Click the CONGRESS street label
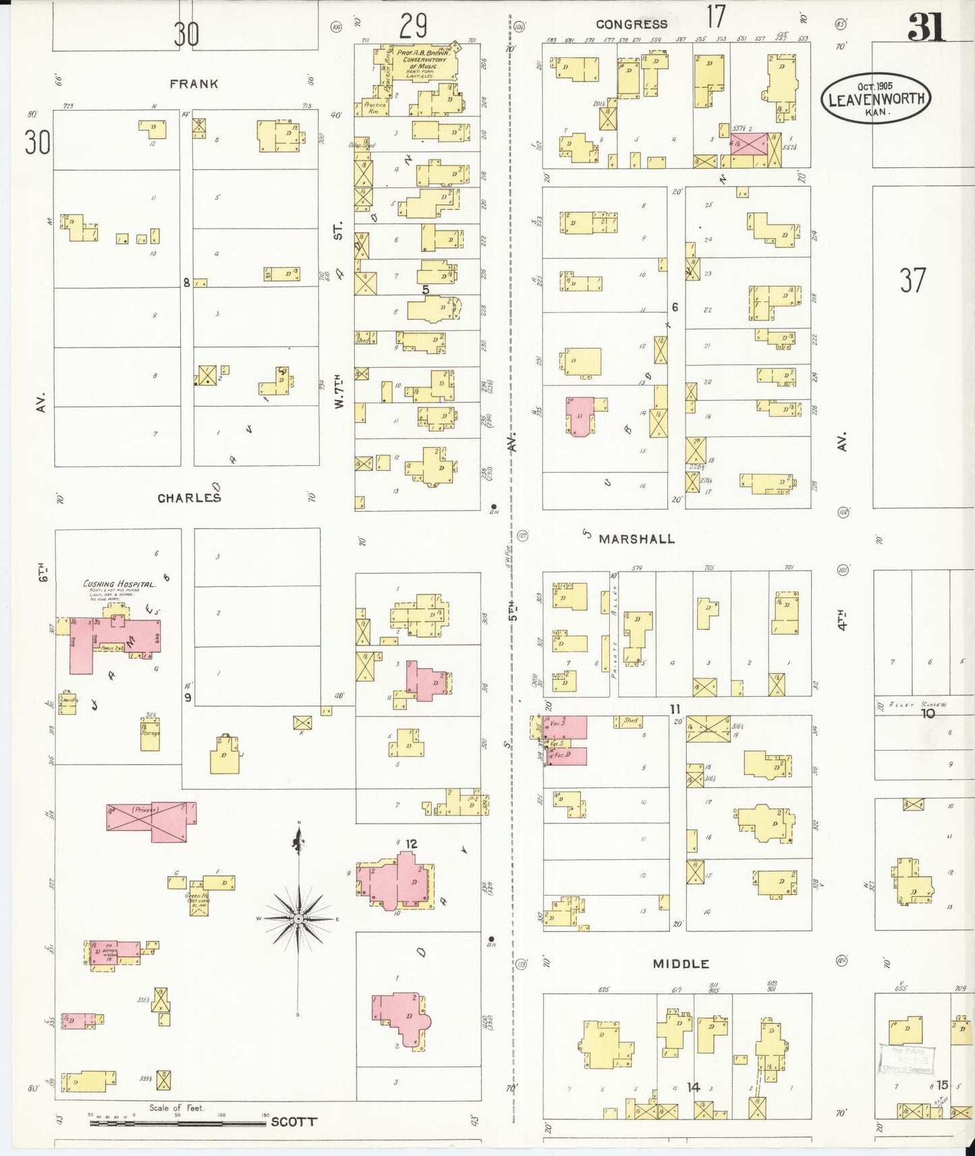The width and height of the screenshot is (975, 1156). [631, 24]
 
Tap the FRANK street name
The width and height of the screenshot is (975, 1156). [194, 84]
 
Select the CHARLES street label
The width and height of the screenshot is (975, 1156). [189, 498]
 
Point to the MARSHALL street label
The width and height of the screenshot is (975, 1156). [636, 539]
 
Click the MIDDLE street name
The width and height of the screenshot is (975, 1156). [680, 964]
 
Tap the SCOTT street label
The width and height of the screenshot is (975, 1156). [294, 1122]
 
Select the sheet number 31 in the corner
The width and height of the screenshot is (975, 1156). [926, 28]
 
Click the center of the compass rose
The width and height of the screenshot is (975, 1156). [298, 919]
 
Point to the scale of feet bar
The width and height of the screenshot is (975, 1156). [178, 1123]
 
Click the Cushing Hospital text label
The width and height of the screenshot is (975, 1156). [119, 584]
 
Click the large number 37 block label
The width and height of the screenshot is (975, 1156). [912, 281]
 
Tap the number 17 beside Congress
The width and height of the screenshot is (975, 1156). [715, 16]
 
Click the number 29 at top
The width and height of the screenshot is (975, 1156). [413, 28]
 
